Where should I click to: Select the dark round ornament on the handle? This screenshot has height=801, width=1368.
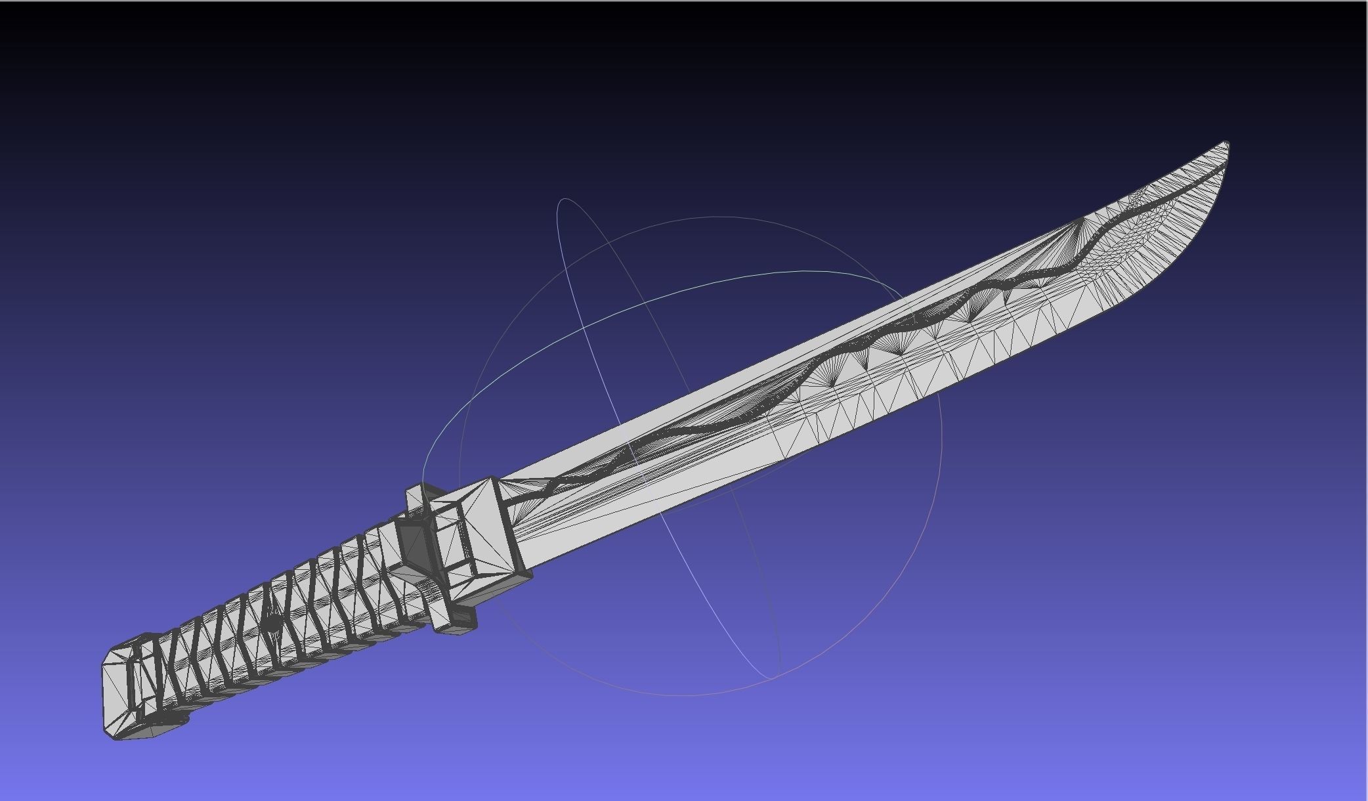point(271,624)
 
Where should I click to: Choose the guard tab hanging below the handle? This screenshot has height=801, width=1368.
point(456,621)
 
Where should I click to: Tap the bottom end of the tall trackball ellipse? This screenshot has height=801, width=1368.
point(771,677)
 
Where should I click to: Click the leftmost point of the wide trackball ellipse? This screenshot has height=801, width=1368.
point(423,479)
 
